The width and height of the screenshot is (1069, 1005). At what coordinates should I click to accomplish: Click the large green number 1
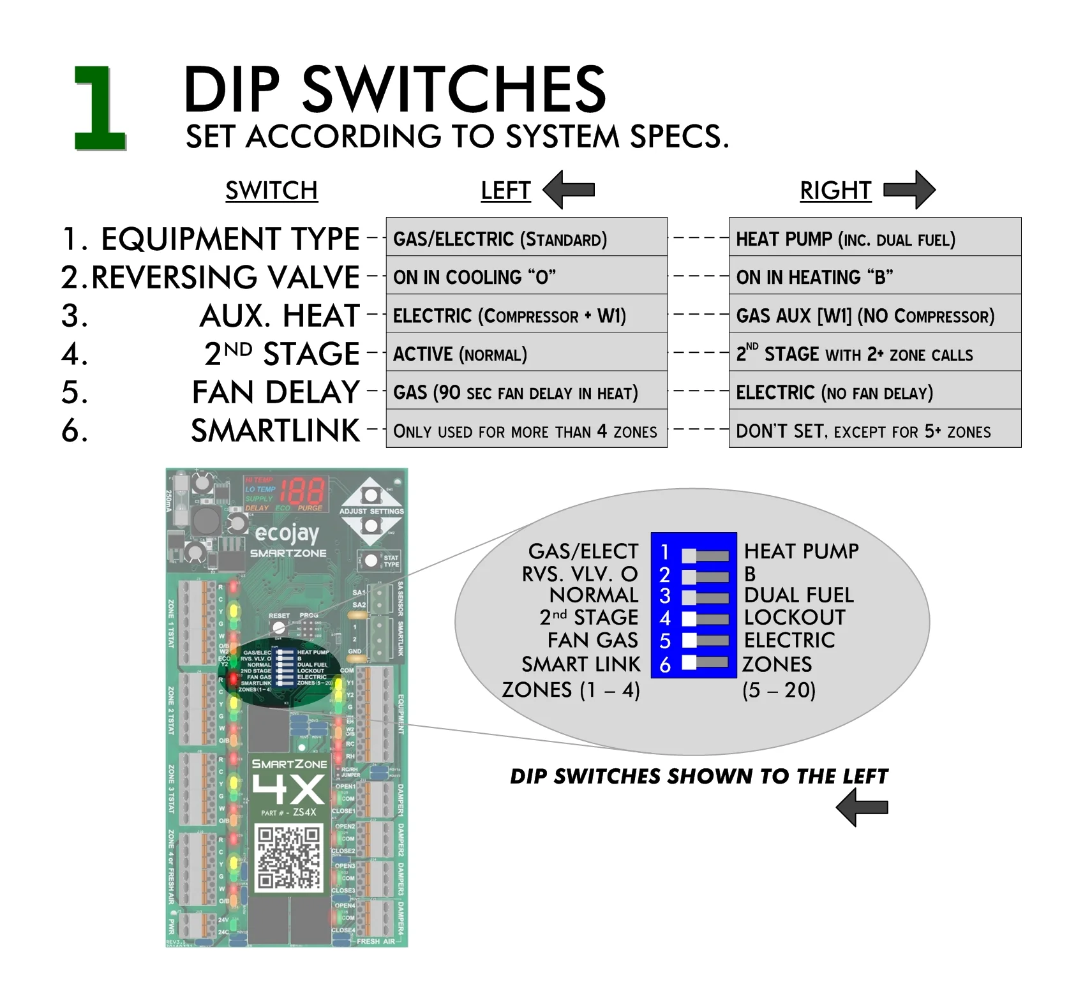(x=100, y=108)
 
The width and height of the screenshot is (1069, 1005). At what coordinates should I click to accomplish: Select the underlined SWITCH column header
(x=271, y=191)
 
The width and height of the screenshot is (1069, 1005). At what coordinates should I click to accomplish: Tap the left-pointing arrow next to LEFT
(x=568, y=190)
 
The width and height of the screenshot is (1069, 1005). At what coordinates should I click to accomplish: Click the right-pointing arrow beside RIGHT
(x=909, y=190)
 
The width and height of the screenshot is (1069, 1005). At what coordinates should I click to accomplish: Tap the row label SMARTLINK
(x=276, y=431)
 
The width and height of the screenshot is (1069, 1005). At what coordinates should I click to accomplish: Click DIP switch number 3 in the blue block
(x=705, y=597)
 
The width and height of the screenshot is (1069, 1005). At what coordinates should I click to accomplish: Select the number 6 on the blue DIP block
(x=665, y=666)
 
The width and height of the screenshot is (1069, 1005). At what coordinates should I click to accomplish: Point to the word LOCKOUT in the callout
(x=795, y=617)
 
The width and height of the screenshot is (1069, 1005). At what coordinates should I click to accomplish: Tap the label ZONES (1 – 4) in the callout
(x=571, y=690)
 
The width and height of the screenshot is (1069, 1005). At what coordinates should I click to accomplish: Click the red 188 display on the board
(x=303, y=491)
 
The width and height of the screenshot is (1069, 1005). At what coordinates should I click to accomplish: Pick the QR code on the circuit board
(x=288, y=857)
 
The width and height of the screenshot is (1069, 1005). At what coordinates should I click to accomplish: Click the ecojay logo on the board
(x=287, y=533)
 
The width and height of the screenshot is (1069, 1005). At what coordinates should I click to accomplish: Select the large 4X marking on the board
(x=288, y=789)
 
